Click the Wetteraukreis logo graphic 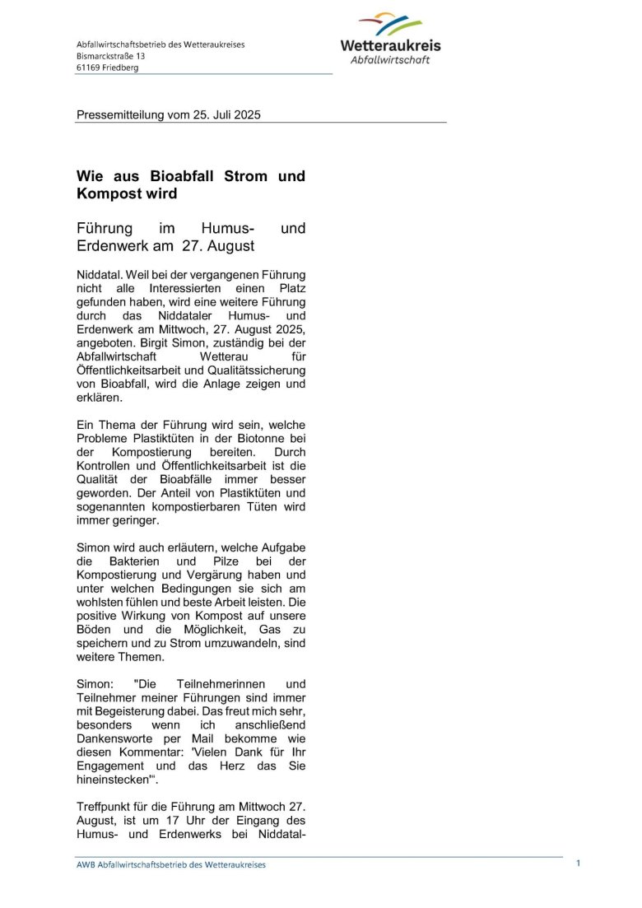[x=390, y=25]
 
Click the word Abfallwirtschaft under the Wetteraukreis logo [x=390, y=59]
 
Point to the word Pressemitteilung [x=120, y=115]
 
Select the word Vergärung [x=217, y=575]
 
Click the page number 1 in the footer [x=578, y=863]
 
